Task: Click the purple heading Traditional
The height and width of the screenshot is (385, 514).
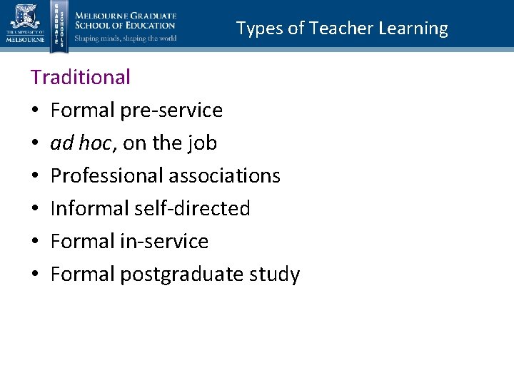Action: pos(81,77)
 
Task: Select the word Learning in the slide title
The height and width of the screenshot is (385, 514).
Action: pos(414,29)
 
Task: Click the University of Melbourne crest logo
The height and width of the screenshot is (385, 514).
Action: pos(26,21)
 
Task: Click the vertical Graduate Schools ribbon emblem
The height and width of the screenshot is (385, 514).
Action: pos(59,26)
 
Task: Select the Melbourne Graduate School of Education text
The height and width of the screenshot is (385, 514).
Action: pos(126,21)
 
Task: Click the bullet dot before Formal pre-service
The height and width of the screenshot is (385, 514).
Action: pos(35,111)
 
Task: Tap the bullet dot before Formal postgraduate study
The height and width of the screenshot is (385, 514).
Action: pos(35,275)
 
